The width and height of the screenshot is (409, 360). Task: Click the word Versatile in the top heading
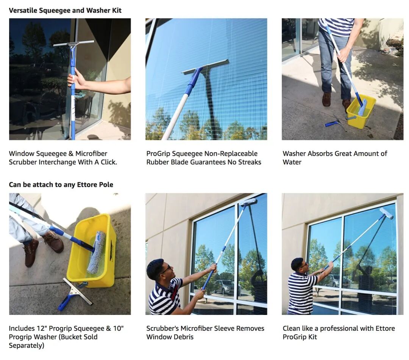(x=23, y=11)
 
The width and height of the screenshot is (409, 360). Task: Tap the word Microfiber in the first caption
(x=91, y=153)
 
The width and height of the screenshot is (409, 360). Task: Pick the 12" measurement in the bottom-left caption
(x=42, y=329)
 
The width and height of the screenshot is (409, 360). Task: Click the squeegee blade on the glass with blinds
(x=205, y=67)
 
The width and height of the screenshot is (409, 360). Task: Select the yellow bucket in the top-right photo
(x=361, y=112)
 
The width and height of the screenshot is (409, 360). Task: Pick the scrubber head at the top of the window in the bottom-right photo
(x=386, y=213)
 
